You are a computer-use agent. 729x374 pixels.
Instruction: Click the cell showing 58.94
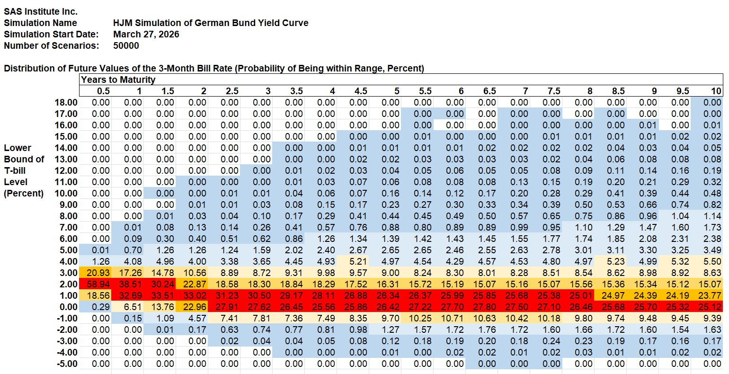pos(98,284)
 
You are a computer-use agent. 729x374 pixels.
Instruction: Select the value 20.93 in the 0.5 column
pos(98,273)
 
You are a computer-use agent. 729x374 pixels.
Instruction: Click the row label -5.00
pos(66,364)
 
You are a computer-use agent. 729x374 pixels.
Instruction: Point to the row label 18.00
pos(66,102)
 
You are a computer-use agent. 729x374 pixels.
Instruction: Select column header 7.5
pos(554,91)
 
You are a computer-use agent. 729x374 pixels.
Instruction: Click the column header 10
pos(716,91)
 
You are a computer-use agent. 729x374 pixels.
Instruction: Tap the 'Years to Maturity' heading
pos(118,80)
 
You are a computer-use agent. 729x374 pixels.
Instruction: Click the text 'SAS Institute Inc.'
pos(41,11)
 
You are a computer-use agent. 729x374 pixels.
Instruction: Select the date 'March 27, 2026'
pos(146,34)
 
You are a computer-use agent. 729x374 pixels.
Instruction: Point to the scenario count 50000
pos(126,45)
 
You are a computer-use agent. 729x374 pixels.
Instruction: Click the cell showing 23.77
pos(709,295)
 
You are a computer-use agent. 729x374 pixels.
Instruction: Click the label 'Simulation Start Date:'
pos(51,34)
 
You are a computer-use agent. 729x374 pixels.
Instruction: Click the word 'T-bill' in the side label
pos(15,170)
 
